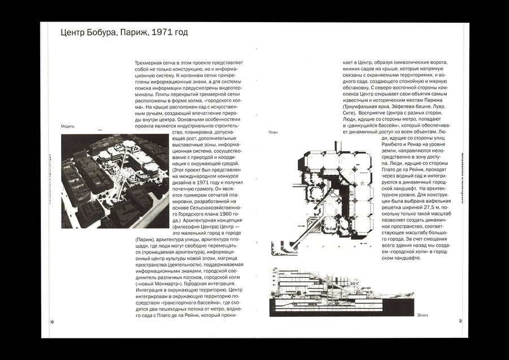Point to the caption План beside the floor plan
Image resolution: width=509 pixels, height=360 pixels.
tap(274, 132)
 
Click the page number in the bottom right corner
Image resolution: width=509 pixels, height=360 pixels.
tap(461, 321)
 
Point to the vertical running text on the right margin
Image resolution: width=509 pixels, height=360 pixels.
tap(463, 181)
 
